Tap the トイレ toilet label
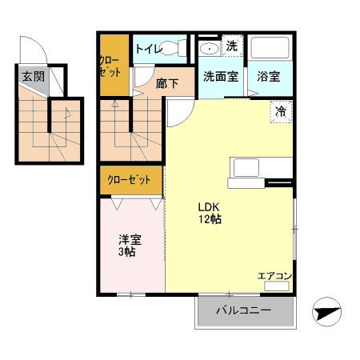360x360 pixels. pyautogui.click(x=149, y=50)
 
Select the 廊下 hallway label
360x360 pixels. pyautogui.click(x=166, y=82)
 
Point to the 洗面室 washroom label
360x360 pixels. pyautogui.click(x=219, y=78)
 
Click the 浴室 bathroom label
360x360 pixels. pyautogui.click(x=269, y=78)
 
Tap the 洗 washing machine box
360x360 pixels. pyautogui.click(x=231, y=46)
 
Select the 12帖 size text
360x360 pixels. pyautogui.click(x=210, y=218)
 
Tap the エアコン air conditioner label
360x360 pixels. pyautogui.click(x=274, y=276)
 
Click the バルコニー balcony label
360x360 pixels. pyautogui.click(x=243, y=310)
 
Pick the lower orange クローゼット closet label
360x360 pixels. pyautogui.click(x=129, y=180)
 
